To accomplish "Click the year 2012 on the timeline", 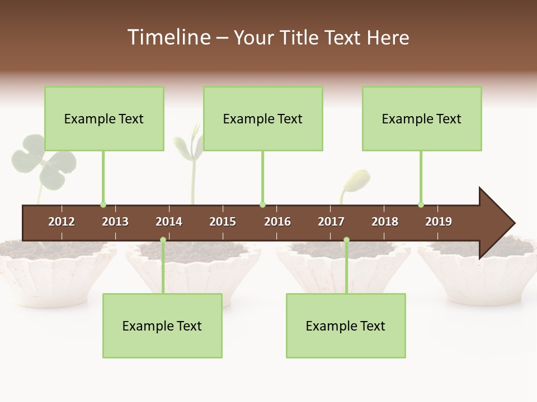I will pyautogui.click(x=62, y=222).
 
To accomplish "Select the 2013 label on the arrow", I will pyautogui.click(x=115, y=222).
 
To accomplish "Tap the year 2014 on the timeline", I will pyautogui.click(x=169, y=222).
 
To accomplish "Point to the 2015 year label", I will pyautogui.click(x=223, y=222).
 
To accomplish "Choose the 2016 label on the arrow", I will pyautogui.click(x=277, y=222).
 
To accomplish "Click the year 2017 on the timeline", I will pyautogui.click(x=331, y=222).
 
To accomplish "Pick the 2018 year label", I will pyautogui.click(x=385, y=222).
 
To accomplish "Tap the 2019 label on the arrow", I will pyautogui.click(x=439, y=222).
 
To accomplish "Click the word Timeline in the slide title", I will pyautogui.click(x=168, y=37).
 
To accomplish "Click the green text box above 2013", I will pyautogui.click(x=104, y=118).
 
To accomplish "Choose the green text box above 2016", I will pyautogui.click(x=263, y=118).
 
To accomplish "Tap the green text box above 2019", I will pyautogui.click(x=422, y=118).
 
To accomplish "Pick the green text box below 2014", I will pyautogui.click(x=162, y=326).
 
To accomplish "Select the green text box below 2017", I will pyautogui.click(x=346, y=326).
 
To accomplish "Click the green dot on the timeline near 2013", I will pyautogui.click(x=103, y=204).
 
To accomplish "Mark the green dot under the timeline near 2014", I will pyautogui.click(x=163, y=240).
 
